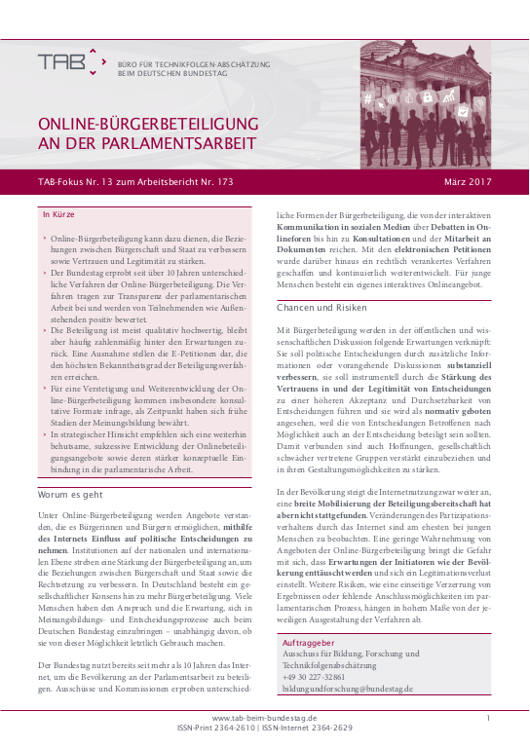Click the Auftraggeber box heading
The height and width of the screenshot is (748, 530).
(x=309, y=645)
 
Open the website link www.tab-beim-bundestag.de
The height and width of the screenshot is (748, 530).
(x=264, y=717)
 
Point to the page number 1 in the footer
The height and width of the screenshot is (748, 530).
(x=488, y=717)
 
